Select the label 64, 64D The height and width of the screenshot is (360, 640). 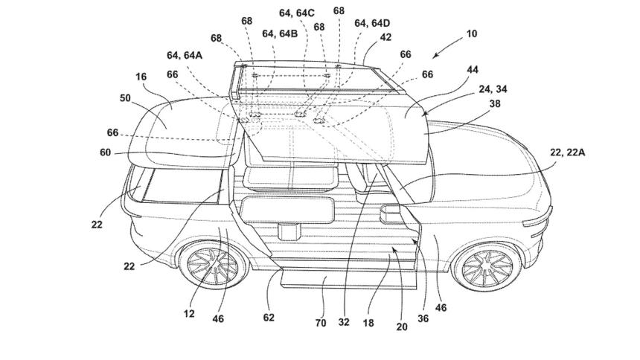[x=372, y=23]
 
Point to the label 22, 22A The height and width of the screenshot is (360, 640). [x=567, y=152]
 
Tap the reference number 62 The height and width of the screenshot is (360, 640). [x=269, y=318]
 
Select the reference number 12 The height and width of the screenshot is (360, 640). [x=189, y=314]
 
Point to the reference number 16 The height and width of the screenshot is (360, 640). [x=141, y=77]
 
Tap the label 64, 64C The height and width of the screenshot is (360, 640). [x=297, y=13]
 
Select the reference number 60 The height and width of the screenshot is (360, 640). [x=106, y=152]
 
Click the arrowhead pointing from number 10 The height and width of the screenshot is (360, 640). [x=434, y=56]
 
